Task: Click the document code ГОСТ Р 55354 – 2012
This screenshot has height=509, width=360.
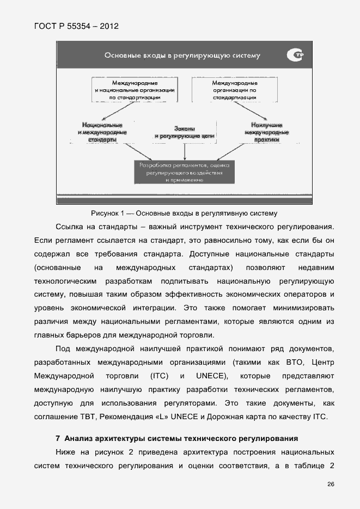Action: pos(76,26)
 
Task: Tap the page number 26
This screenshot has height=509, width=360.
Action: pos(331,484)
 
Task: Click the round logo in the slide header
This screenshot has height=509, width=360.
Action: pos(294,55)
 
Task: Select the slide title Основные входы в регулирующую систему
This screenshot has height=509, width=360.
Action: pos(182,55)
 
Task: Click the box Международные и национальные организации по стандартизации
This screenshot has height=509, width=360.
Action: pos(135,89)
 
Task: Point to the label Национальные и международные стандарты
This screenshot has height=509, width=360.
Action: pos(102,132)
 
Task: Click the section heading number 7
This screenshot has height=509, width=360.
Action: pos(58,438)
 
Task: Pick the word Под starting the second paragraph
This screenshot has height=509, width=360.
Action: pos(63,348)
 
